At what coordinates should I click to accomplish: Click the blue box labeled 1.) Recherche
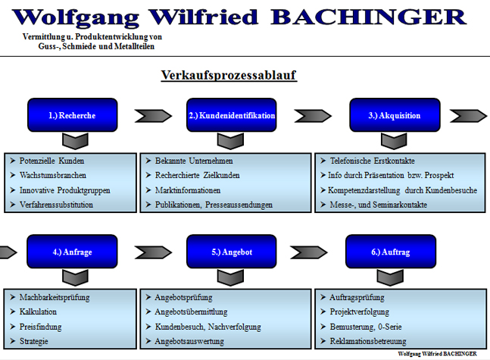(x=72, y=116)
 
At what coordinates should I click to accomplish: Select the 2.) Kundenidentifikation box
(x=232, y=116)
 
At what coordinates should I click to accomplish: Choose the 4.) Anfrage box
(x=72, y=252)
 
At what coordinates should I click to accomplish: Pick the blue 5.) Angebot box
(x=232, y=252)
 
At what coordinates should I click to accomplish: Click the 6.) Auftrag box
(x=391, y=252)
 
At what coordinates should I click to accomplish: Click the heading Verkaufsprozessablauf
(x=228, y=75)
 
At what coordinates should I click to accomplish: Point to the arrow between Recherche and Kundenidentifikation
(x=151, y=116)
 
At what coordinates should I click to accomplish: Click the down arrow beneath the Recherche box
(x=73, y=141)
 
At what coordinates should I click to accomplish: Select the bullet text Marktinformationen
(x=188, y=190)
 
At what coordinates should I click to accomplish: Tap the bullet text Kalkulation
(x=39, y=311)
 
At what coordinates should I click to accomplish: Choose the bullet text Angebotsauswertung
(x=189, y=342)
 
